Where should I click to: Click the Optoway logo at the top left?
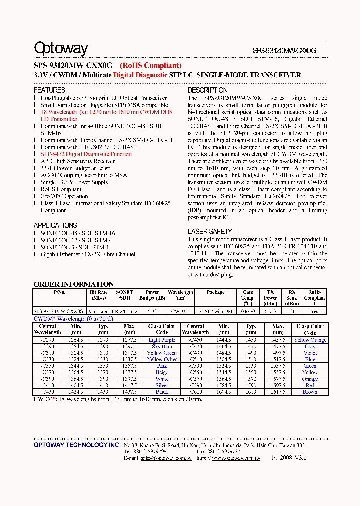pos(61,48)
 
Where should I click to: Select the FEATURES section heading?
pos(49,90)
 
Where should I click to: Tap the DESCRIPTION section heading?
pos(208,90)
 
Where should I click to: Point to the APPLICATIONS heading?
pos(55,225)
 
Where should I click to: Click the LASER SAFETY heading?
pos(210,232)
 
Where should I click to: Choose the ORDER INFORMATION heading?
pos(74,284)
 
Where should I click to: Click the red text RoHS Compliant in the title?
pos(150,65)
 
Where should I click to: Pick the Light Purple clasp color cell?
pos(162,340)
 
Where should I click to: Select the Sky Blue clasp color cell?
pos(162,346)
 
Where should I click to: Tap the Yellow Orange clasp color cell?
pos(310,340)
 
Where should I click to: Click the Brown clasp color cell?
pos(310,392)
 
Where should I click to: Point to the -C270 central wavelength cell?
pos(48,340)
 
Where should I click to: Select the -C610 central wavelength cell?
pos(195,392)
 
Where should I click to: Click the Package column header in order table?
pos(215,292)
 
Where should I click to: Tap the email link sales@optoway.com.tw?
pos(166,458)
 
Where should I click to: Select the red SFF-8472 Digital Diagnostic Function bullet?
pos(86,154)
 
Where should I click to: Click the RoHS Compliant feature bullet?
pos(61,189)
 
